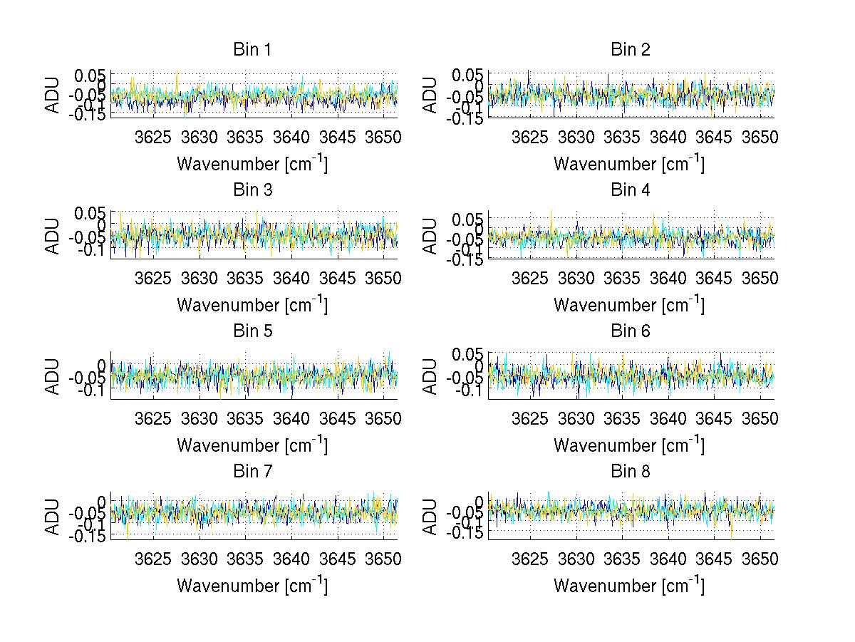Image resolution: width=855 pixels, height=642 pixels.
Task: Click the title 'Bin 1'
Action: tap(252, 50)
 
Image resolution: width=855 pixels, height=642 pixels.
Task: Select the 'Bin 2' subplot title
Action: tap(630, 50)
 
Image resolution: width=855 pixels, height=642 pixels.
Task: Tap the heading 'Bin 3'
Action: tap(252, 190)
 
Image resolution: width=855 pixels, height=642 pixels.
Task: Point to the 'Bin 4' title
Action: tap(630, 190)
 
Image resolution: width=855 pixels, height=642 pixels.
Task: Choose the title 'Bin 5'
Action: tap(252, 331)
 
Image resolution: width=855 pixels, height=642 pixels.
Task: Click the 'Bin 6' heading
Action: tap(630, 331)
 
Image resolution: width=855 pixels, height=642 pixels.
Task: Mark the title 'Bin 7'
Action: tap(252, 472)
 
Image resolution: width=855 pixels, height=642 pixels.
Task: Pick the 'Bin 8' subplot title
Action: tap(630, 472)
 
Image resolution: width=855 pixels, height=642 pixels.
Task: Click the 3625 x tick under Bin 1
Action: tap(154, 137)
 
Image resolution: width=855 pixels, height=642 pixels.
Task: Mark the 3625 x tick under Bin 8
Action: tap(531, 559)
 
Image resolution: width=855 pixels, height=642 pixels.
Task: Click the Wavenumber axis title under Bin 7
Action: tap(252, 586)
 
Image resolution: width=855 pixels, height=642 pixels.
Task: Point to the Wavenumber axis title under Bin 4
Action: tap(630, 304)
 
